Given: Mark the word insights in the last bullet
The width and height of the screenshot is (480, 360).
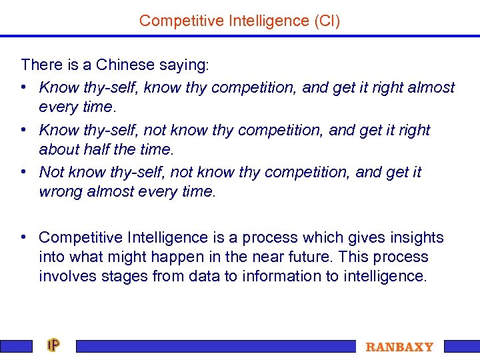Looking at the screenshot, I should tap(416, 237).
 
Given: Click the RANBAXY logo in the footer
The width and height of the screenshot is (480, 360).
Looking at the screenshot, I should tap(399, 347).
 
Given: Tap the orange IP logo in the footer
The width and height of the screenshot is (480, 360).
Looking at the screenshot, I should tap(54, 345).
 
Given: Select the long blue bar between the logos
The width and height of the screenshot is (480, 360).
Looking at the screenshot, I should tap(216, 346).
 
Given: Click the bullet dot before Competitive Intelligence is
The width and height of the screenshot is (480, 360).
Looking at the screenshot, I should tap(24, 237).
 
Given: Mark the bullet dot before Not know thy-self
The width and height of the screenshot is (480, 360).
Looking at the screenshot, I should tap(24, 172).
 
